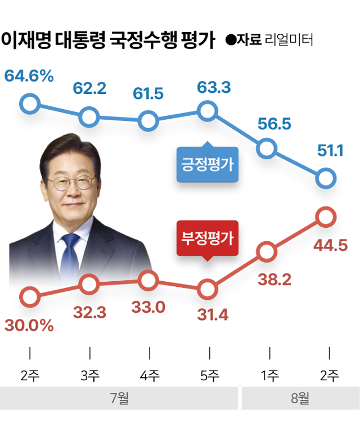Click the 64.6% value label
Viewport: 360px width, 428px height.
pos(29,75)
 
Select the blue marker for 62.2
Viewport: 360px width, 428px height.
pos(89,117)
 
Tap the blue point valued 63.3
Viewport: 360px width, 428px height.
pos(208,111)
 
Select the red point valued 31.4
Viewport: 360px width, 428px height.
pos(208,290)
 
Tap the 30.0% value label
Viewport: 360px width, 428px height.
pos(29,325)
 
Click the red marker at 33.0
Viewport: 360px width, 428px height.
pos(148,280)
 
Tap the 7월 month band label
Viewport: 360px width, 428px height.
pos(119,398)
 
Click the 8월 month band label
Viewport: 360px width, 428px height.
pos(300,398)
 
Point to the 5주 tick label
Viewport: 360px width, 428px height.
pos(209,375)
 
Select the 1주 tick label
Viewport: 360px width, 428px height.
pos(269,375)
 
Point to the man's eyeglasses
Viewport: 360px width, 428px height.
pos(71,183)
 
